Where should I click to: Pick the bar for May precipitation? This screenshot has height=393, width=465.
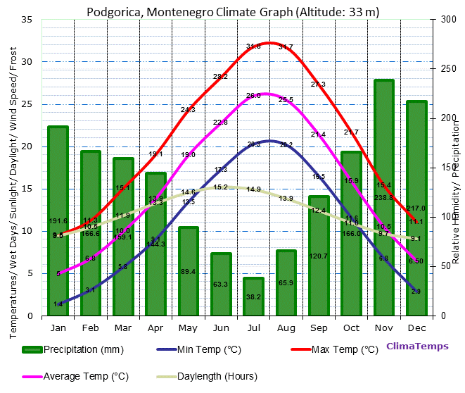point(188,271)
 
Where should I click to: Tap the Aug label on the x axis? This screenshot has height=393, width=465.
point(286,327)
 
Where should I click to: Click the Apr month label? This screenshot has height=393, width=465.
point(155,327)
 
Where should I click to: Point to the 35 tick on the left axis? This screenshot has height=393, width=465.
point(27,19)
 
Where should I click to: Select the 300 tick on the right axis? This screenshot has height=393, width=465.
point(446,19)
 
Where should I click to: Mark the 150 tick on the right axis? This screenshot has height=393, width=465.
point(446,168)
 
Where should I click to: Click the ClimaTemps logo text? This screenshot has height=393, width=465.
point(416,347)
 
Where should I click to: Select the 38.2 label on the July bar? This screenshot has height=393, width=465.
point(253,297)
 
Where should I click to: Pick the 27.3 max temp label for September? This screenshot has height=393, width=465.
point(318,85)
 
